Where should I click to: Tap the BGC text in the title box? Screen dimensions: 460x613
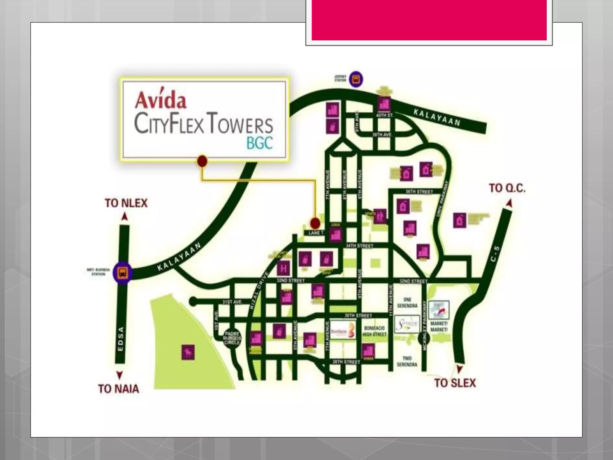pos(260,143)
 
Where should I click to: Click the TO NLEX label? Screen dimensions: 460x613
pos(126,203)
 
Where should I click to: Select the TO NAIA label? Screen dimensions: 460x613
pos(119,389)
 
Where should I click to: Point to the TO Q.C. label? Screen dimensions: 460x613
pos(507,188)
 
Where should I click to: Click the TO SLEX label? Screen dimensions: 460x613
pos(455,383)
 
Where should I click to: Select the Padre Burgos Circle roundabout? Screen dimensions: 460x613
pos(232,338)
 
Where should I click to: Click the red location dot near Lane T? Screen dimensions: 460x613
pos(315,223)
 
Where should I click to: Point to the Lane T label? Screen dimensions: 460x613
pos(316,233)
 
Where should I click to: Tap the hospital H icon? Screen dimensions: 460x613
pos(283,268)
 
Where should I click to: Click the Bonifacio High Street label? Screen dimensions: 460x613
pos(374,331)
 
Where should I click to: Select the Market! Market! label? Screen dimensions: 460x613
pos(439,326)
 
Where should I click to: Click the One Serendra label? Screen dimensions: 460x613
pos(407,302)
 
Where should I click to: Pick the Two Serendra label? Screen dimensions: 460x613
pos(407,361)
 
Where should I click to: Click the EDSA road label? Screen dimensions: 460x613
pos(121,340)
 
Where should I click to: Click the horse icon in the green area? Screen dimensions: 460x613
pos(188,352)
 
